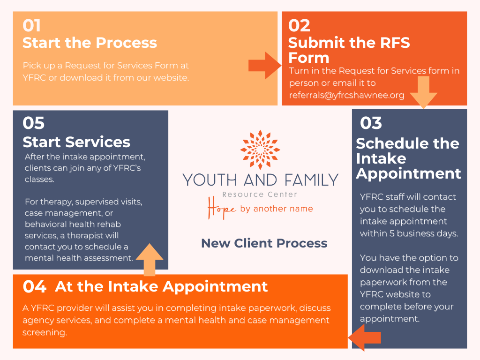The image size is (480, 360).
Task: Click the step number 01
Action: click(32, 25)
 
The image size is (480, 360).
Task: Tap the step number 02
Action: click(299, 25)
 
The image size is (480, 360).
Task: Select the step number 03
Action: click(371, 123)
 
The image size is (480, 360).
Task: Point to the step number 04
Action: click(34, 286)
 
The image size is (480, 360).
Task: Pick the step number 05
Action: click(34, 123)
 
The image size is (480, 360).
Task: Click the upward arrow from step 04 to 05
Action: click(149, 259)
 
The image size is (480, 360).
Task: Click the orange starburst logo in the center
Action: click(260, 150)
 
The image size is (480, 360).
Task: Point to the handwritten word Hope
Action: click(222, 208)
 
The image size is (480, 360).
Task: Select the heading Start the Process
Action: click(90, 43)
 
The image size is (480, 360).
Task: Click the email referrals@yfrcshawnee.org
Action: click(346, 95)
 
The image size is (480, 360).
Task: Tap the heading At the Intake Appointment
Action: click(161, 286)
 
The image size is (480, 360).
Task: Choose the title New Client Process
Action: click(264, 243)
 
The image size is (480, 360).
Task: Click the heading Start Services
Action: click(76, 142)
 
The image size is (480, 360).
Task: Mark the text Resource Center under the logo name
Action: click(260, 194)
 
